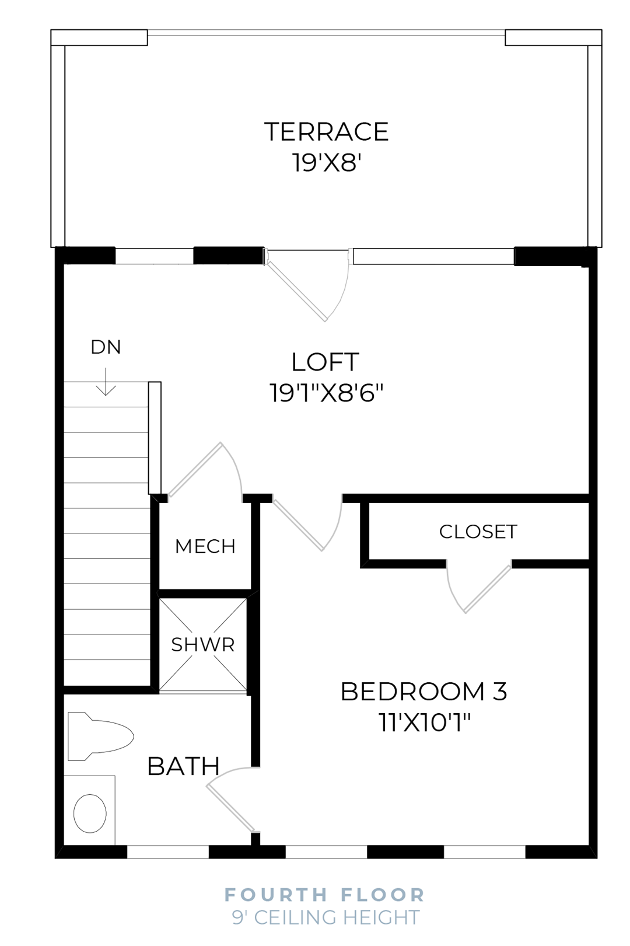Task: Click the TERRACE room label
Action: coord(326,132)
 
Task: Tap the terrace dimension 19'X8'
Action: coord(326,162)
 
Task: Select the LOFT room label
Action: coord(325,362)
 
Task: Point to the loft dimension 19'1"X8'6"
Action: coord(326,393)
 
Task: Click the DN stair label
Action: coord(106,347)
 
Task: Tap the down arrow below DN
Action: coord(106,382)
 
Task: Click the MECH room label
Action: coord(205,547)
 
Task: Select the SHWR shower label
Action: coord(202,645)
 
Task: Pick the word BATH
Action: coord(183,767)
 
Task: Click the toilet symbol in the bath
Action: coord(99,736)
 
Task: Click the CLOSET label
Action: coord(478,532)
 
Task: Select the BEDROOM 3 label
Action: coord(423,692)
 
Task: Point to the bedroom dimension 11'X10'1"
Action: coord(424,723)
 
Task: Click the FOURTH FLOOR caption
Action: coord(325,895)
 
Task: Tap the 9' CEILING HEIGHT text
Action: coord(325,917)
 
